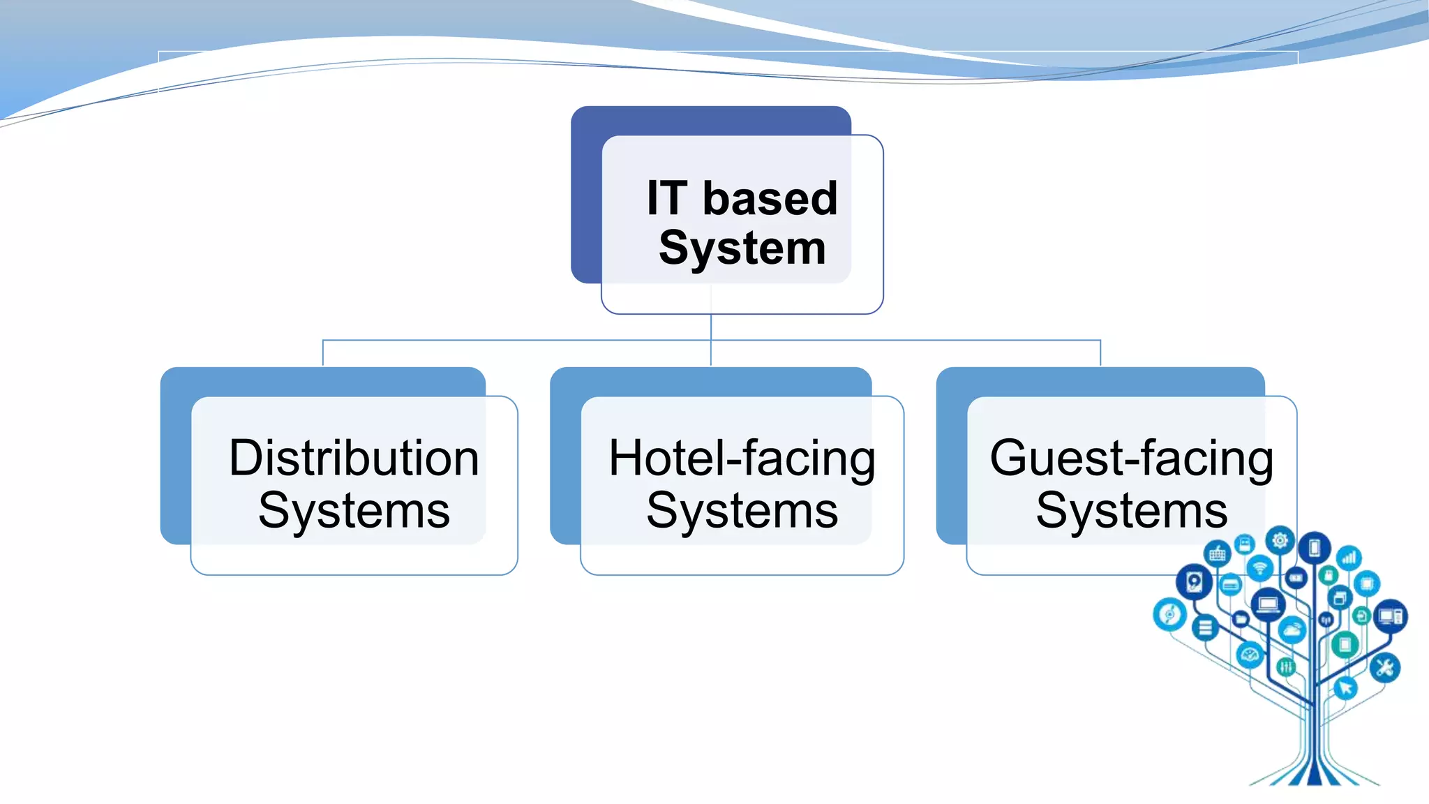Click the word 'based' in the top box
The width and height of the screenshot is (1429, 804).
pyautogui.click(x=770, y=199)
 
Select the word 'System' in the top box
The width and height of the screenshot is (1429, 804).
pyautogui.click(x=742, y=248)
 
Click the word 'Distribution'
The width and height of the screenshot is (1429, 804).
pyautogui.click(x=354, y=459)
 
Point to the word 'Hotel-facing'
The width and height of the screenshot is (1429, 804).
pyautogui.click(x=742, y=459)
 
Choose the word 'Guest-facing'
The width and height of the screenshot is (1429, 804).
pyautogui.click(x=1131, y=459)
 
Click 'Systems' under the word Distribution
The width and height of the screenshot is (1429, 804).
pyautogui.click(x=354, y=511)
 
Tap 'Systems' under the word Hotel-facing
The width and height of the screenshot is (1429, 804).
pyautogui.click(x=742, y=511)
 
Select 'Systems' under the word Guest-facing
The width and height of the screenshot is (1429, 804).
pyautogui.click(x=1131, y=511)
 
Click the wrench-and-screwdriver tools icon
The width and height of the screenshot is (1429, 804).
pyautogui.click(x=1384, y=668)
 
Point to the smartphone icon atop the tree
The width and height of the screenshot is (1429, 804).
pyautogui.click(x=1315, y=549)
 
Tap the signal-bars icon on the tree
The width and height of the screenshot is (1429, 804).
pyautogui.click(x=1349, y=558)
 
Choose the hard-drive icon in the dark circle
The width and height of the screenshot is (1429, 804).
pyautogui.click(x=1194, y=581)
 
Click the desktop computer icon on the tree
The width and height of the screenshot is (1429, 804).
pyautogui.click(x=1391, y=616)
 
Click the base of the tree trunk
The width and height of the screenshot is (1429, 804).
pyautogui.click(x=1315, y=775)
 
